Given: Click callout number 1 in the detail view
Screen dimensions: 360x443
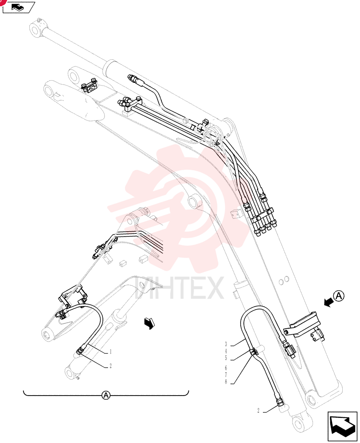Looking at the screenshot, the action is click(110, 352).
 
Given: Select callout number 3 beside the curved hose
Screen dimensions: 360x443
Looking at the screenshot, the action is click(226, 344).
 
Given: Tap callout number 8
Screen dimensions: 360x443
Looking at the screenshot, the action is click(226, 382).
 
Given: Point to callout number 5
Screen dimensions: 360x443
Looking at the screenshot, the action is click(226, 358).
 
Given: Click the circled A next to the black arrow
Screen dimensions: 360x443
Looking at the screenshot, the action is click(339, 296).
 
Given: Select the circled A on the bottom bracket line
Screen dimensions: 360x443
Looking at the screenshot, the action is click(106, 395).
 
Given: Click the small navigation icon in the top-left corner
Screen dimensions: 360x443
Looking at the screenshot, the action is click(19, 7).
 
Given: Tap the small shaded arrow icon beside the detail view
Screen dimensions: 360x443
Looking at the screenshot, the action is click(150, 323).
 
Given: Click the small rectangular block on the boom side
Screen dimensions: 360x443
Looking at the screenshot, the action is click(236, 214).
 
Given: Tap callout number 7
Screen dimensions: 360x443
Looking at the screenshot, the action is click(226, 375).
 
